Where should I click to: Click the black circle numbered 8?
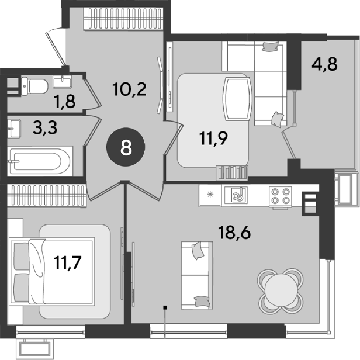[x=126, y=147]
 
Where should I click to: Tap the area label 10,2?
[x=130, y=89]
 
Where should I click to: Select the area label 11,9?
[x=213, y=139]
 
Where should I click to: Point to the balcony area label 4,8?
[x=324, y=64]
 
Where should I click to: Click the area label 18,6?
[x=234, y=232]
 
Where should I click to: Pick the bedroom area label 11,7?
[x=68, y=262]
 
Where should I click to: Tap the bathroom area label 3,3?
[x=45, y=127]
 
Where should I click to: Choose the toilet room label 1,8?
[x=65, y=101]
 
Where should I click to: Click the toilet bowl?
[x=34, y=86]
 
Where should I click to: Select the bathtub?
[x=40, y=161]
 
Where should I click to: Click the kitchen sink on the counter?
[x=236, y=195]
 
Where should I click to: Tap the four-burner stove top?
[x=280, y=196]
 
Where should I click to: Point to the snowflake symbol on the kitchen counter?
[x=210, y=195]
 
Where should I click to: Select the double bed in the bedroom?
[x=52, y=272]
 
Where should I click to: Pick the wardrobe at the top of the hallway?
[x=123, y=19]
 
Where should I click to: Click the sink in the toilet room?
[x=62, y=82]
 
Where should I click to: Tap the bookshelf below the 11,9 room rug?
[x=232, y=173]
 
